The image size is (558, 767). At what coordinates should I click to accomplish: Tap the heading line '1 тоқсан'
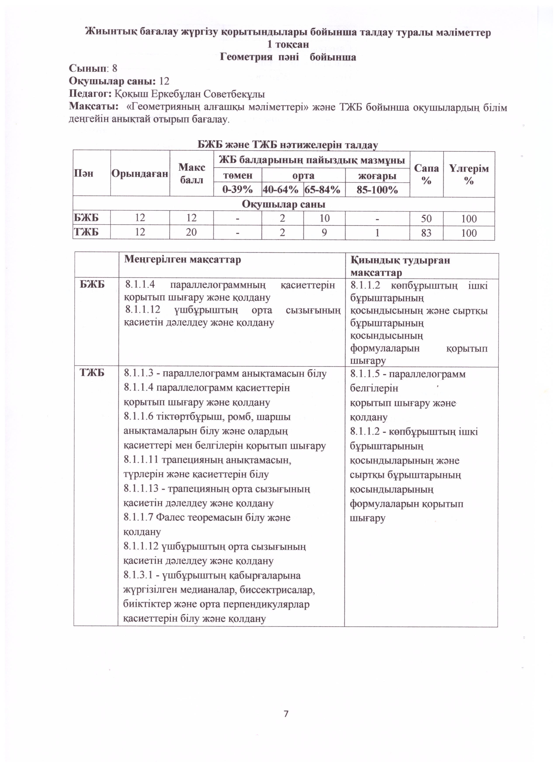(x=288, y=45)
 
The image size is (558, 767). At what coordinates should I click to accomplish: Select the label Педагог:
(x=90, y=94)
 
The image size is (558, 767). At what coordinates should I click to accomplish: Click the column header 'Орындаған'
(x=140, y=174)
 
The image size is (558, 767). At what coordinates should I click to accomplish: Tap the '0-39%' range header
(x=237, y=190)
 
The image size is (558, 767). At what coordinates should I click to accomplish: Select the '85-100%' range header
(x=377, y=190)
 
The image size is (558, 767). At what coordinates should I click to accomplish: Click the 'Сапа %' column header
(x=426, y=174)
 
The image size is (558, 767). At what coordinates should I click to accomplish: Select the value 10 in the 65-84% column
(x=324, y=219)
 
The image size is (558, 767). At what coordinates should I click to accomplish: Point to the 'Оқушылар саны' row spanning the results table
(x=284, y=204)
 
